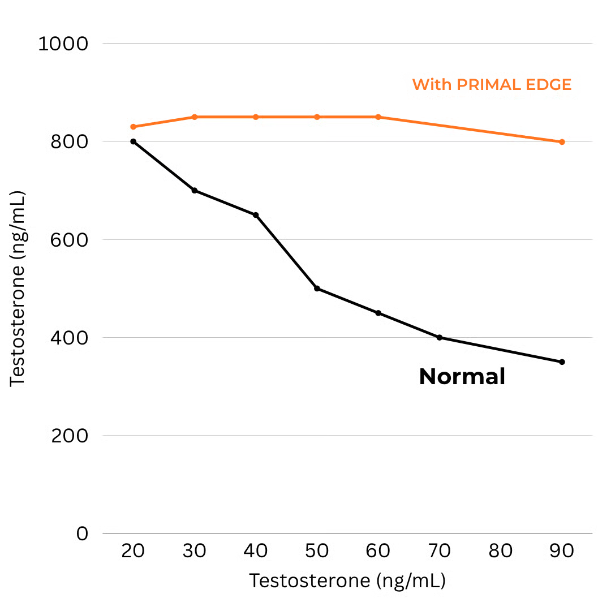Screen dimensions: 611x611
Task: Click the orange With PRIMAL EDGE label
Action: [492, 85]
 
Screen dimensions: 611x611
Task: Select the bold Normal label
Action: [462, 377]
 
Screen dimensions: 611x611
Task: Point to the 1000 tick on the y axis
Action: [63, 44]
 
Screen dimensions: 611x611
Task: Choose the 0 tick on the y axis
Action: [82, 533]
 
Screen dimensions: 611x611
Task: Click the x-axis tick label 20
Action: [133, 551]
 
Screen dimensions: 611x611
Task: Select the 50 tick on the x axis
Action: [317, 551]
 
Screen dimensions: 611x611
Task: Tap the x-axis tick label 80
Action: [501, 551]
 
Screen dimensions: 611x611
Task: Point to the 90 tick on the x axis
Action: [562, 551]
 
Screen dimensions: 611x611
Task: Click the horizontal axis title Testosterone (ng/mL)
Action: [347, 581]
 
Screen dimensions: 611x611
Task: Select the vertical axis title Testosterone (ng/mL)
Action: [18, 289]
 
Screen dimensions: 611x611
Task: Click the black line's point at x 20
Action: [133, 141]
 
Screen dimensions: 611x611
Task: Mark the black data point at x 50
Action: [317, 289]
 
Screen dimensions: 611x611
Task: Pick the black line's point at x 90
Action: [562, 362]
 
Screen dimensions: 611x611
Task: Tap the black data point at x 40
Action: [256, 215]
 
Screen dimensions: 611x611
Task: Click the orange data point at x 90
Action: [562, 142]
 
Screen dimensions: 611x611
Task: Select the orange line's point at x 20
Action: [133, 127]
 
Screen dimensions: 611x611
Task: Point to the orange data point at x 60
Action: [378, 117]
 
